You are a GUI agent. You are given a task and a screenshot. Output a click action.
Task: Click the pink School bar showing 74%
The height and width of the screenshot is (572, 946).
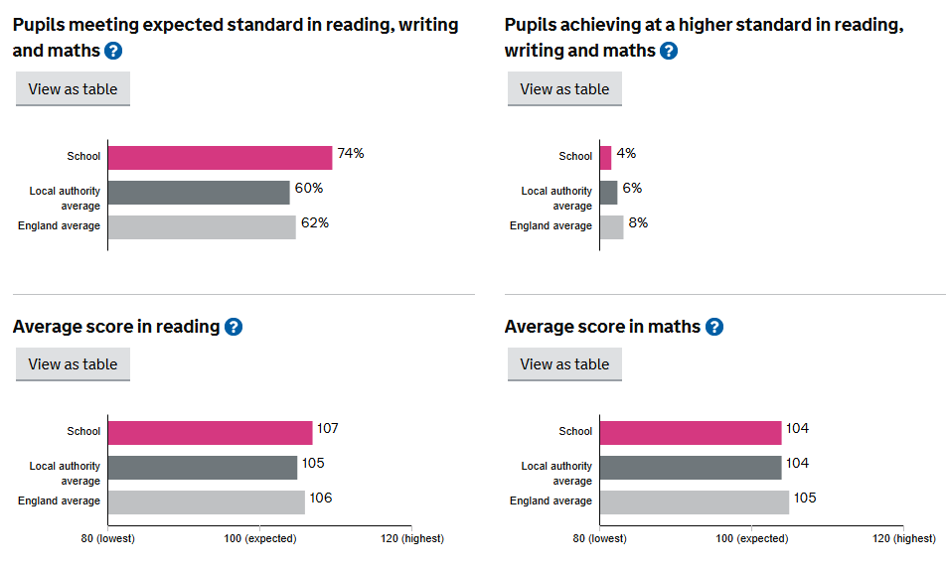(x=220, y=158)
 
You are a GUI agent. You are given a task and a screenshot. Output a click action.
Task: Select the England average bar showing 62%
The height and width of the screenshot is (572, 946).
(x=202, y=227)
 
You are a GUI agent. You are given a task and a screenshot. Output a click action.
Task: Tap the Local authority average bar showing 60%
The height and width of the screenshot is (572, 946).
(x=199, y=193)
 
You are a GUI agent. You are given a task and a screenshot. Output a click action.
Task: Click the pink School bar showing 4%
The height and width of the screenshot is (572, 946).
(x=606, y=158)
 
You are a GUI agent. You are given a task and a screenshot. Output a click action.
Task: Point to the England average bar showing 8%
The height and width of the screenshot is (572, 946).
(x=612, y=227)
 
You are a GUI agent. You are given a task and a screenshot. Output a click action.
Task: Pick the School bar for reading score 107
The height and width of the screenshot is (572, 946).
(x=210, y=433)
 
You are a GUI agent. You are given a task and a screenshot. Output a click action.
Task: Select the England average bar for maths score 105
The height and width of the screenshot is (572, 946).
(x=695, y=502)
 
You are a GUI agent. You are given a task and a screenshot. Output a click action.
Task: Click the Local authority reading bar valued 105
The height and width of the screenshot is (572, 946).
(x=203, y=468)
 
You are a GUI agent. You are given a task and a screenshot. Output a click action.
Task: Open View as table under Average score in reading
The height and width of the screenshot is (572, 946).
(x=73, y=364)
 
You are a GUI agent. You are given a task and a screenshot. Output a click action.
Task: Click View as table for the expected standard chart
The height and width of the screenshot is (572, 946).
(x=73, y=89)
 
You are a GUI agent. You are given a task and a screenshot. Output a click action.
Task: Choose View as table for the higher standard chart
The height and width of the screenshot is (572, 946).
(x=564, y=89)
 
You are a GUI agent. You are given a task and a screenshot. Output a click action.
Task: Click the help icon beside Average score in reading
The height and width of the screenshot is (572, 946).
(x=234, y=327)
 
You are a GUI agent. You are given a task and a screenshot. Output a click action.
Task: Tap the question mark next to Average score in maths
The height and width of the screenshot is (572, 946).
(x=714, y=327)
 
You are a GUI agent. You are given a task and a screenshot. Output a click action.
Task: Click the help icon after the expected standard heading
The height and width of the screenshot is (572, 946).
(x=113, y=51)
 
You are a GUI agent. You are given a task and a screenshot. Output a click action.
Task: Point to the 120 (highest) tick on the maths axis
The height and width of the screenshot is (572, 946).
(x=901, y=538)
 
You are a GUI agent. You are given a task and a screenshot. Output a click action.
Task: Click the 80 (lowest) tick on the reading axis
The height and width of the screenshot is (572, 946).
(x=107, y=538)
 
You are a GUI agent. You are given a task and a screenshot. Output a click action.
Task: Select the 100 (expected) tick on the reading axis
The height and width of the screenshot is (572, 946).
(x=259, y=538)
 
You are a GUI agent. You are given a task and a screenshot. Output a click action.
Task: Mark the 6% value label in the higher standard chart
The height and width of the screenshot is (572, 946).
(x=632, y=189)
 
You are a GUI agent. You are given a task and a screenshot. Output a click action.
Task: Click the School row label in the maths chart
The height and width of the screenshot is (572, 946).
(x=575, y=432)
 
